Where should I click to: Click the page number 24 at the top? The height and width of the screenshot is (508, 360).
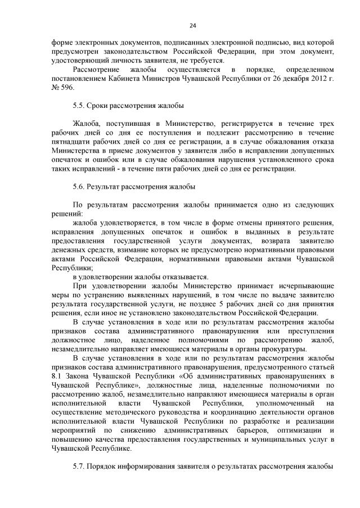[x=192, y=25]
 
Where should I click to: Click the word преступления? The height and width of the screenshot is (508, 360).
[x=312, y=331]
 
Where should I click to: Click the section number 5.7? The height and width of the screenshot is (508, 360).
[x=79, y=466]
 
